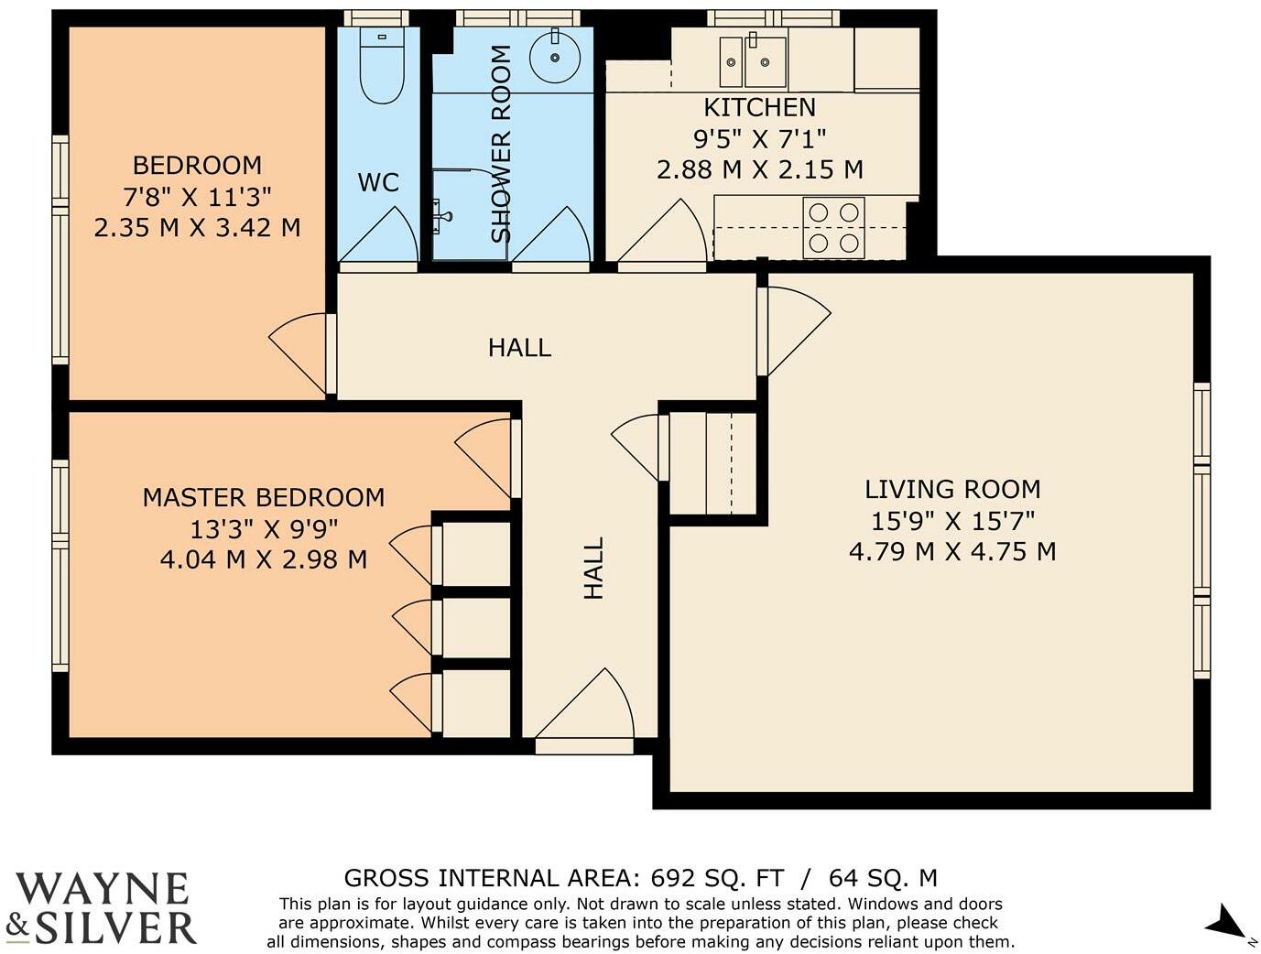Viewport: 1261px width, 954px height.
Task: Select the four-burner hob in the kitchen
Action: coord(833,228)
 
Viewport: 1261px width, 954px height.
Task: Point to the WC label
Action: coord(378,182)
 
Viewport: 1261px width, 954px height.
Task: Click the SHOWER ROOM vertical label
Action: coord(501,144)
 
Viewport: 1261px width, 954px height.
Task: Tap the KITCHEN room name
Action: coord(759,108)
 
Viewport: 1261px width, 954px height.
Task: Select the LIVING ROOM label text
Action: coord(952,489)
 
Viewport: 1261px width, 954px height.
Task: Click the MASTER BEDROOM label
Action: coord(264,497)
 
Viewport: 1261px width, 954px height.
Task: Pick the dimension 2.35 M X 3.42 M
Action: coord(197,228)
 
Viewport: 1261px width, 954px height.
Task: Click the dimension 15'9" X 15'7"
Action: coord(952,521)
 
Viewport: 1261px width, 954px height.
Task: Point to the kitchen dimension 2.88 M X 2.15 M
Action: coord(759,170)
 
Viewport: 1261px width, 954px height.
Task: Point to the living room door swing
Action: coord(799,331)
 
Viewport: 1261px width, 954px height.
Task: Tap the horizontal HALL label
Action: coord(519,348)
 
